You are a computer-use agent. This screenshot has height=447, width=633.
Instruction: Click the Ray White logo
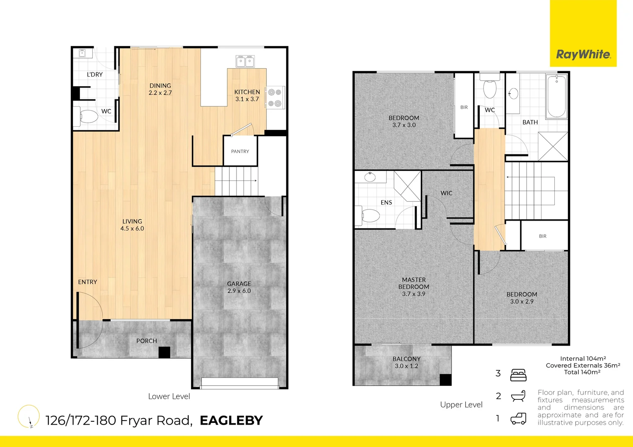tap(583, 54)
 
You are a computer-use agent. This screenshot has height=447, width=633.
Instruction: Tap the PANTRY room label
tap(240, 151)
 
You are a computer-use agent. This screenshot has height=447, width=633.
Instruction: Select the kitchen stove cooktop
tap(275, 98)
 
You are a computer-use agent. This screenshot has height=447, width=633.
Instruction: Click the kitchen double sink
tap(245, 62)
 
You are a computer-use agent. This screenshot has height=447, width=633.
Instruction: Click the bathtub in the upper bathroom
tap(556, 96)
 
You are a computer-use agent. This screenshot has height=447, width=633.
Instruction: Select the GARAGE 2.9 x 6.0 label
tap(239, 287)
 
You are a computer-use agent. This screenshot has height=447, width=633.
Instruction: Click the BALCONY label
tap(406, 359)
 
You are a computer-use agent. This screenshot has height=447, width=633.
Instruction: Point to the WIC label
tap(446, 193)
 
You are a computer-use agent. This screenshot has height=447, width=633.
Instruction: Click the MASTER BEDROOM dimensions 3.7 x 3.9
tap(413, 294)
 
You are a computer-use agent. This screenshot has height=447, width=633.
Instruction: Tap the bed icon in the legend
tap(518, 375)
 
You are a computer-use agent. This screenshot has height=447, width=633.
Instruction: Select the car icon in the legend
tap(518, 419)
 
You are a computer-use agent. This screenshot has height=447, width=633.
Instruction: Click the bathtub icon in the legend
tap(518, 396)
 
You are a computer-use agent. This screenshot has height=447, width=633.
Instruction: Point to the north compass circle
tap(29, 416)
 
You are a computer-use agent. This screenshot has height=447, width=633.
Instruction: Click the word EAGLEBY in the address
tap(231, 421)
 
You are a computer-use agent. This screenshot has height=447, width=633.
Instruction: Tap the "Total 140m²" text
tap(582, 372)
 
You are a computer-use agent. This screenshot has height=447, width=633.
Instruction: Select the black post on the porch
tap(164, 352)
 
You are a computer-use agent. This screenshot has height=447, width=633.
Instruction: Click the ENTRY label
tap(87, 282)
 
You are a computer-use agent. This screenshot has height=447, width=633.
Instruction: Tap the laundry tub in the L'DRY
tap(82, 53)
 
